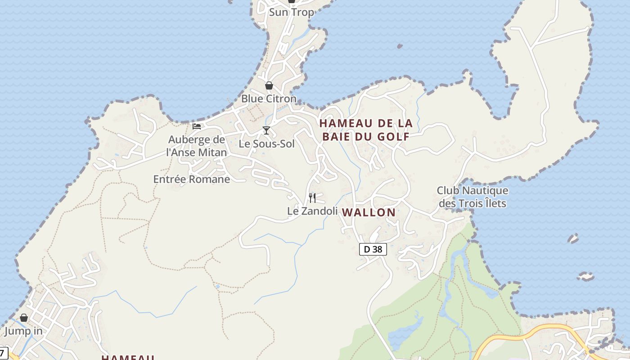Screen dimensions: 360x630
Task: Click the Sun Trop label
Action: pyautogui.click(x=291, y=12)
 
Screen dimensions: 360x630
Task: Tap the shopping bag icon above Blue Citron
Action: pyautogui.click(x=269, y=85)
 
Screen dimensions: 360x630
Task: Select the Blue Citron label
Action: pyautogui.click(x=269, y=99)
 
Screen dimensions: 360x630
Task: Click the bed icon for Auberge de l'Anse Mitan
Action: pyautogui.click(x=197, y=126)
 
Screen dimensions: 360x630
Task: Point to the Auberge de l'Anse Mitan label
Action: pyautogui.click(x=197, y=146)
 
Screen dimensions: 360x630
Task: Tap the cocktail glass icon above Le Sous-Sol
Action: pyautogui.click(x=266, y=130)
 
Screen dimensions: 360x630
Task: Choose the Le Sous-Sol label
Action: pyautogui.click(x=266, y=144)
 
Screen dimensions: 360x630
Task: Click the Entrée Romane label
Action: pyautogui.click(x=192, y=179)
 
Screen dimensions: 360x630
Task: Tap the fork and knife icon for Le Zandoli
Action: pyautogui.click(x=312, y=198)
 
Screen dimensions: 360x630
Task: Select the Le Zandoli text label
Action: pyautogui.click(x=312, y=211)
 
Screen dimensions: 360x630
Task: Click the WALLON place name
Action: pyautogui.click(x=369, y=212)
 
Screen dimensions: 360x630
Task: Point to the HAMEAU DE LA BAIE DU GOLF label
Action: pyautogui.click(x=365, y=130)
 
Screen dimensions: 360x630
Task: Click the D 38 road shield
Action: pyautogui.click(x=373, y=249)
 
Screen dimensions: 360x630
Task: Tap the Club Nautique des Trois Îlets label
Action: pyautogui.click(x=472, y=197)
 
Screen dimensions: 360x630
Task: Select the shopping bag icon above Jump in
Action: pyautogui.click(x=24, y=318)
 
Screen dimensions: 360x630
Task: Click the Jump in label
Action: pyautogui.click(x=23, y=332)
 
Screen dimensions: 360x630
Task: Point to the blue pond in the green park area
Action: pyautogui.click(x=405, y=333)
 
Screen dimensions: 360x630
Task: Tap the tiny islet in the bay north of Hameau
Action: pyautogui.click(x=400, y=46)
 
